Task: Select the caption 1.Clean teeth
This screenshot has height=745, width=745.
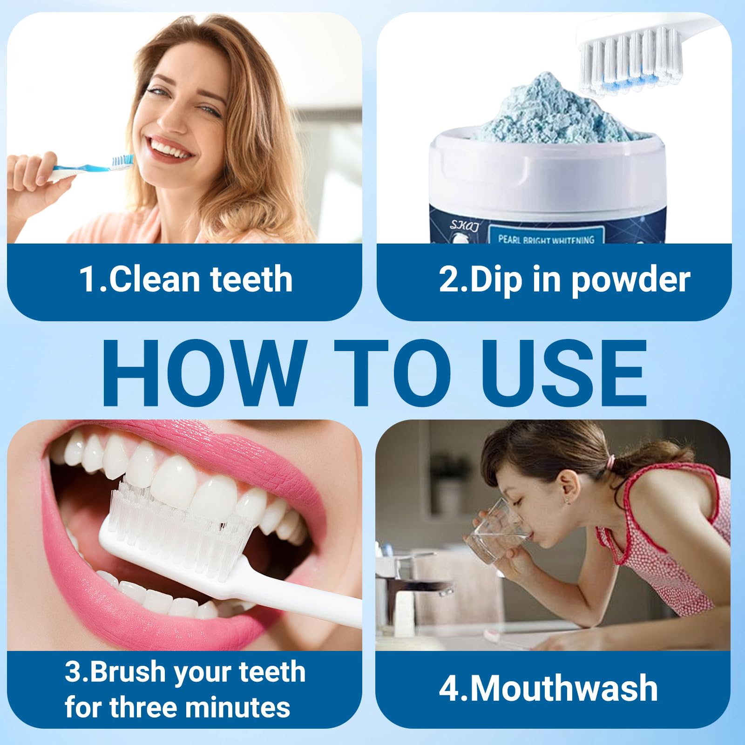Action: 186,279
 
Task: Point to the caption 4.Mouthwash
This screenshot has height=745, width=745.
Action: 548,688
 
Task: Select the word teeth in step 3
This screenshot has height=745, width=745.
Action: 272,672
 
